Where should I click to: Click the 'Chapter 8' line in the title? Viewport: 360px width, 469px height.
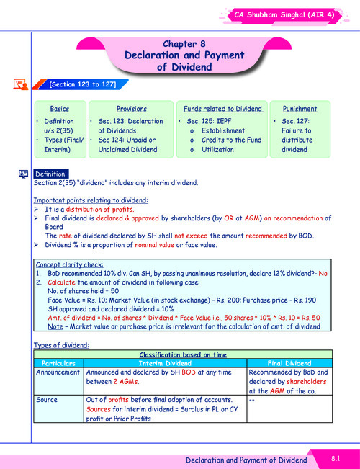184,44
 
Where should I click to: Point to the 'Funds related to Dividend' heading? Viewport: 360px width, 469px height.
222,109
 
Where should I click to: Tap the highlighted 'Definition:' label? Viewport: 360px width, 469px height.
51,174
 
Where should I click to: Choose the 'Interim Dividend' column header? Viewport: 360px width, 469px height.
165,363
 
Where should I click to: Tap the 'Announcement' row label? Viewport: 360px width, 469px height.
59,372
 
